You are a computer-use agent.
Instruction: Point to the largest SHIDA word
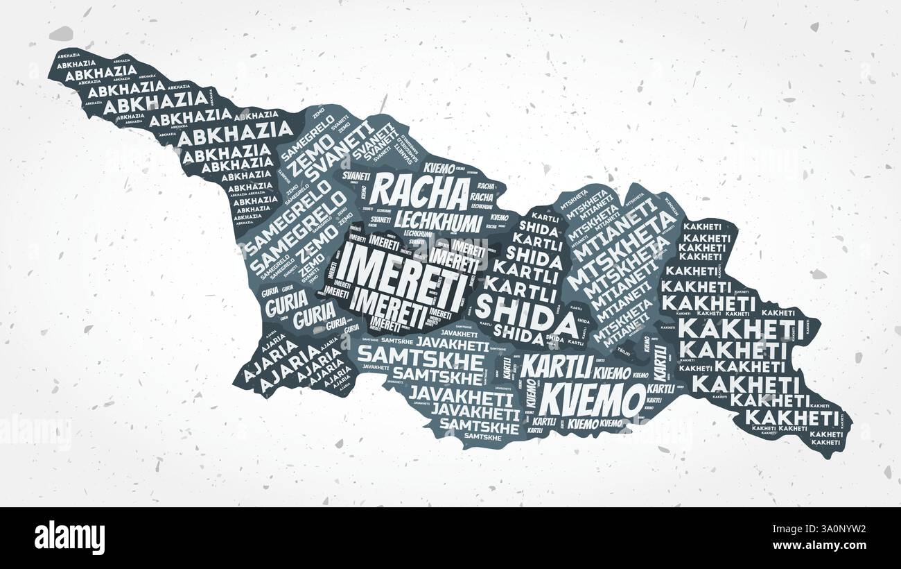point(527,314)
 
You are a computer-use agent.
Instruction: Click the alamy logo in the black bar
point(69,538)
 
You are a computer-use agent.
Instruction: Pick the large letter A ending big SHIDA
point(565,323)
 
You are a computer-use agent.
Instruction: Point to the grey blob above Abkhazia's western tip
point(61,33)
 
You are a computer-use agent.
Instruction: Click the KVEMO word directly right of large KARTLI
point(612,373)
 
